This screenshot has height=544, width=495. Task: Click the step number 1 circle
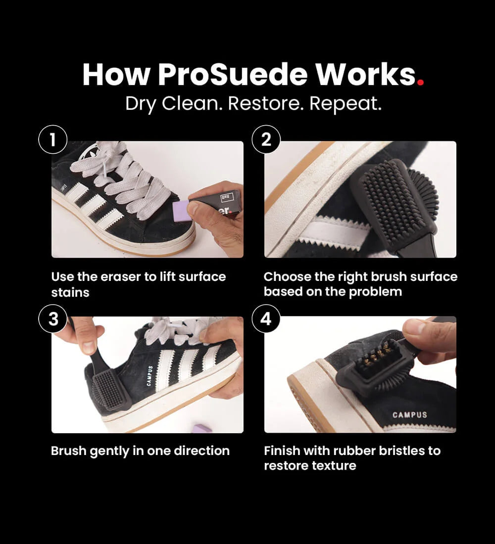point(53,140)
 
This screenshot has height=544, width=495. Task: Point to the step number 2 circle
point(266,140)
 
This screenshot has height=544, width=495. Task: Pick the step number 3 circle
point(53,319)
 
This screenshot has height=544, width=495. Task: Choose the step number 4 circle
point(266,319)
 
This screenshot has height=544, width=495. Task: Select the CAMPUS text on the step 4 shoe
point(409,414)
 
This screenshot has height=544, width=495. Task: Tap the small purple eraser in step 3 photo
point(202,428)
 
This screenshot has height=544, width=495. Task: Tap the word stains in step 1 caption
point(70,292)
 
